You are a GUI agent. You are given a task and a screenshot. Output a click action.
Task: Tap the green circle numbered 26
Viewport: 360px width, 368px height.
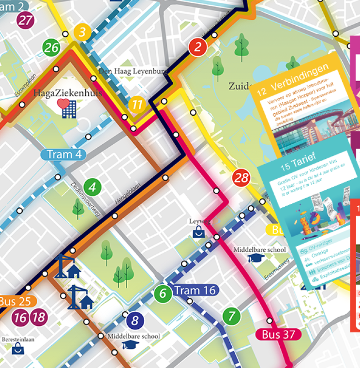(51, 47)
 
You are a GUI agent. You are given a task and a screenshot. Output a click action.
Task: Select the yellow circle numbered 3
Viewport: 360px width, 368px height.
(83, 33)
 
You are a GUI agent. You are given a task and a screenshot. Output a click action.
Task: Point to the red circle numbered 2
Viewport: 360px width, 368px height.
(198, 47)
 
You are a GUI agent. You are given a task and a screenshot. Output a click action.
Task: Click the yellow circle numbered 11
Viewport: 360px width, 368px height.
(137, 105)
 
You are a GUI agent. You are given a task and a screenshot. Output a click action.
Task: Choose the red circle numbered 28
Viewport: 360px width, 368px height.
(241, 178)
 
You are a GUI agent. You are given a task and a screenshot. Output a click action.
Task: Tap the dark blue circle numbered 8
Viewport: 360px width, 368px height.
(135, 320)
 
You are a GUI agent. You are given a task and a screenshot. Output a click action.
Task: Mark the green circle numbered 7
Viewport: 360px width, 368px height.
(232, 317)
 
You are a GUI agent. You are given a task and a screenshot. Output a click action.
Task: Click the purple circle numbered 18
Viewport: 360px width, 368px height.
(39, 318)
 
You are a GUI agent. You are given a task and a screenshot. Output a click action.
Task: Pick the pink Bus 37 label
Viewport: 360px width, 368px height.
(278, 334)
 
